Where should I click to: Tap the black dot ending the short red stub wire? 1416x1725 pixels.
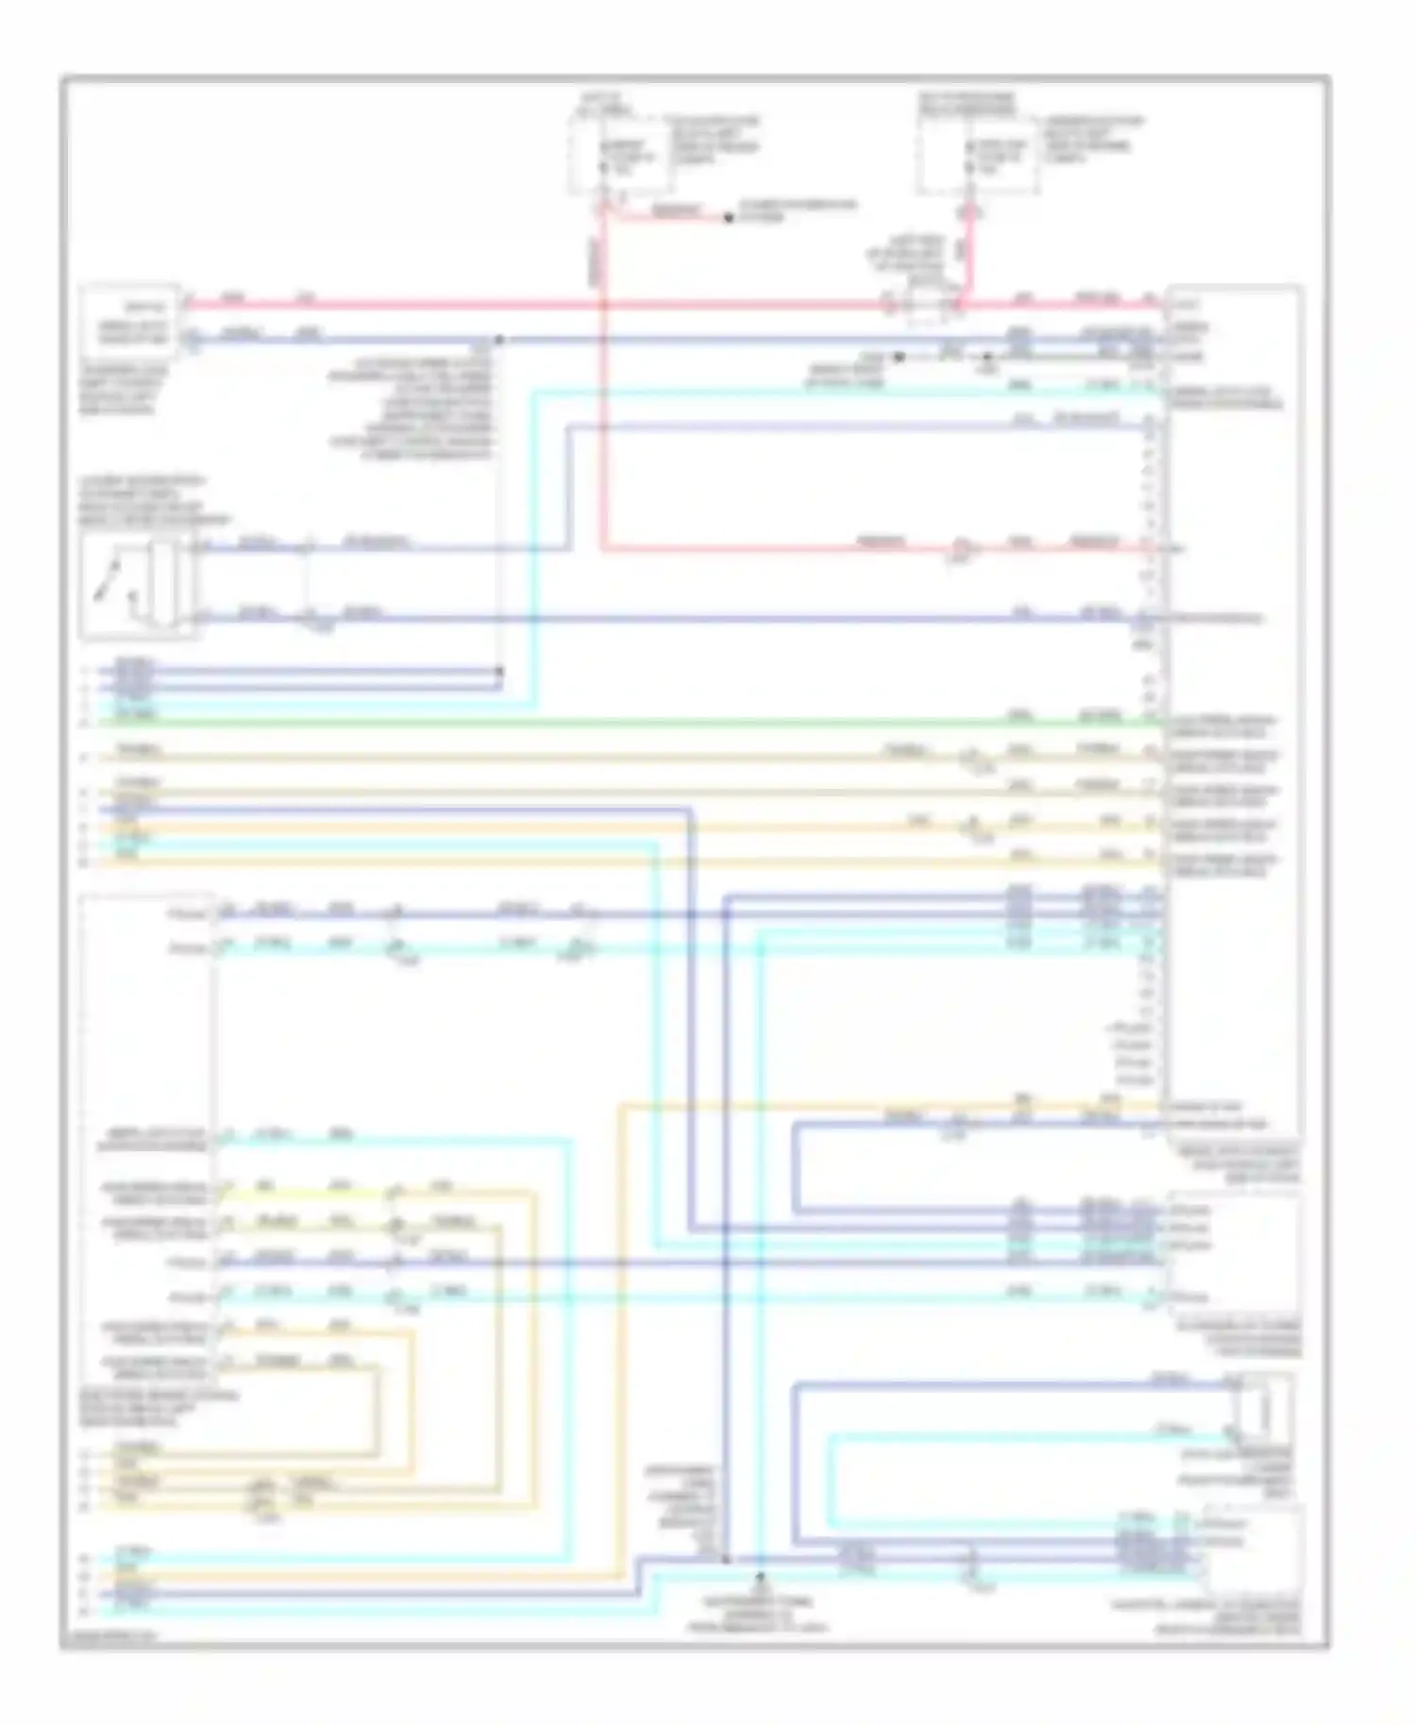(x=728, y=218)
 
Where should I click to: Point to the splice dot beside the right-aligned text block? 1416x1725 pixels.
(x=499, y=340)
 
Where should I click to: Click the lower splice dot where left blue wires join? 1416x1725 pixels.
(x=499, y=672)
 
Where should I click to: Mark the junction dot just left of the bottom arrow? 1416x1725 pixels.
(x=726, y=1559)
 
